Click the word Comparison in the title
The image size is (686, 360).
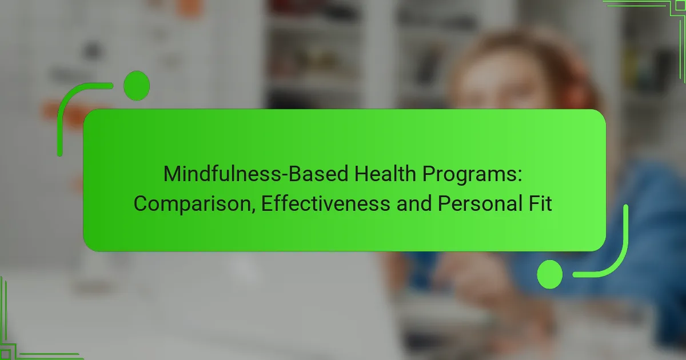194,203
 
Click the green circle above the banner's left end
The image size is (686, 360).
137,86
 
